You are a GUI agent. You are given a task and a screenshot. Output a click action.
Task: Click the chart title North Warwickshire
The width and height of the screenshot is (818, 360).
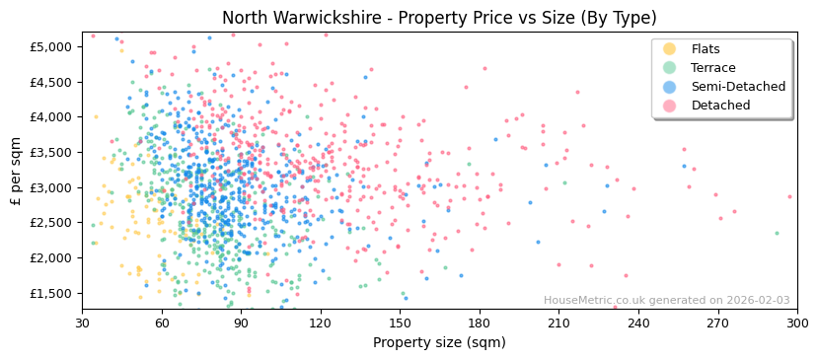(x=438, y=18)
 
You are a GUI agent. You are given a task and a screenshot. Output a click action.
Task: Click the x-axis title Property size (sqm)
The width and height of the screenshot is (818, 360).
(x=438, y=342)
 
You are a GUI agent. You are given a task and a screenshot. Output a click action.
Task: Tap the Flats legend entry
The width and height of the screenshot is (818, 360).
(x=706, y=49)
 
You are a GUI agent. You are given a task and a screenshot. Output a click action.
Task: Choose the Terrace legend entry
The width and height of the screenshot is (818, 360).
(x=711, y=68)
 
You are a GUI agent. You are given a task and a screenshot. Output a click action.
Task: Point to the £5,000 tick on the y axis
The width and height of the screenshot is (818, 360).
(x=50, y=46)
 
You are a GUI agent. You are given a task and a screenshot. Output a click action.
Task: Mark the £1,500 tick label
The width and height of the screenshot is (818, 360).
(x=50, y=293)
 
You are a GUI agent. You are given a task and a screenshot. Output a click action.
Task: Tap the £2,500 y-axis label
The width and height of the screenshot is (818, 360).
(x=50, y=223)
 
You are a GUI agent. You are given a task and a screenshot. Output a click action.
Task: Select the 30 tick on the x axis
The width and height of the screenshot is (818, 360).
(x=83, y=323)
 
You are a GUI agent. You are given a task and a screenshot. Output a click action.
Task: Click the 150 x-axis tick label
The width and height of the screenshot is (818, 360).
(x=400, y=323)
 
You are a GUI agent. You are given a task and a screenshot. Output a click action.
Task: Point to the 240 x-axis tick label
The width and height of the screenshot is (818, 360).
(x=637, y=323)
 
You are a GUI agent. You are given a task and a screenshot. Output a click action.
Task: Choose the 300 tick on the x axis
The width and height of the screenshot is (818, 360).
(x=795, y=323)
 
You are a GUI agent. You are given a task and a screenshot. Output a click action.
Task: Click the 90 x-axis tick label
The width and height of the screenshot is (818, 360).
(x=241, y=323)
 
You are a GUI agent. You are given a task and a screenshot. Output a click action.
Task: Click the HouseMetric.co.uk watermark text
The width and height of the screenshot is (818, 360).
(x=666, y=301)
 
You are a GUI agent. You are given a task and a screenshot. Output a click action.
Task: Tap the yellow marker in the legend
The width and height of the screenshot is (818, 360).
(x=669, y=49)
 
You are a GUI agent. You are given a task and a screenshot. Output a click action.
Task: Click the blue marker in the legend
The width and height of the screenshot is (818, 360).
(x=669, y=87)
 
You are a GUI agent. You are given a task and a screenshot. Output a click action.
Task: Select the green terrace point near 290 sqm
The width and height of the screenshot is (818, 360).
(x=776, y=234)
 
